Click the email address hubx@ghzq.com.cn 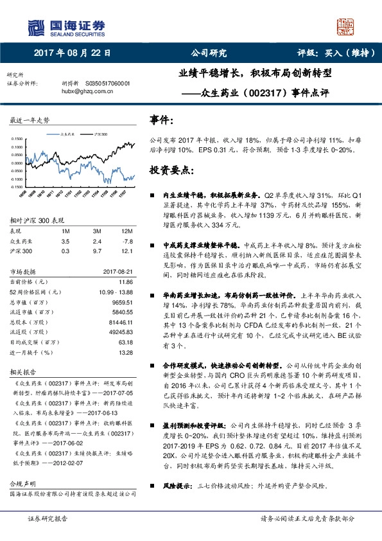(x=87, y=91)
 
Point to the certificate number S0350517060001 (x=105, y=84)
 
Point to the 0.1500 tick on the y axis (x=19, y=139)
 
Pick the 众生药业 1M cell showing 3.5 (x=65, y=240)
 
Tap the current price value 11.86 (x=126, y=282)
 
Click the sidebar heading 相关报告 (x=23, y=372)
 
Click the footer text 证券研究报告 (x=48, y=519)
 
